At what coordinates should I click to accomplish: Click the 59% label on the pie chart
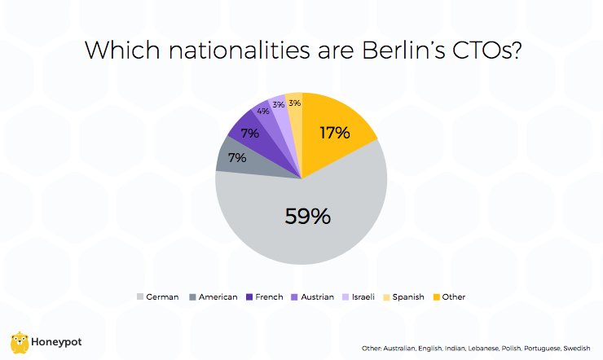[307, 216]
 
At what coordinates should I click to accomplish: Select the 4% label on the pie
[263, 111]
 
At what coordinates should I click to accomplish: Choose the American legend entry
[213, 297]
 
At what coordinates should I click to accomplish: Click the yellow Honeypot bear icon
[20, 342]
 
